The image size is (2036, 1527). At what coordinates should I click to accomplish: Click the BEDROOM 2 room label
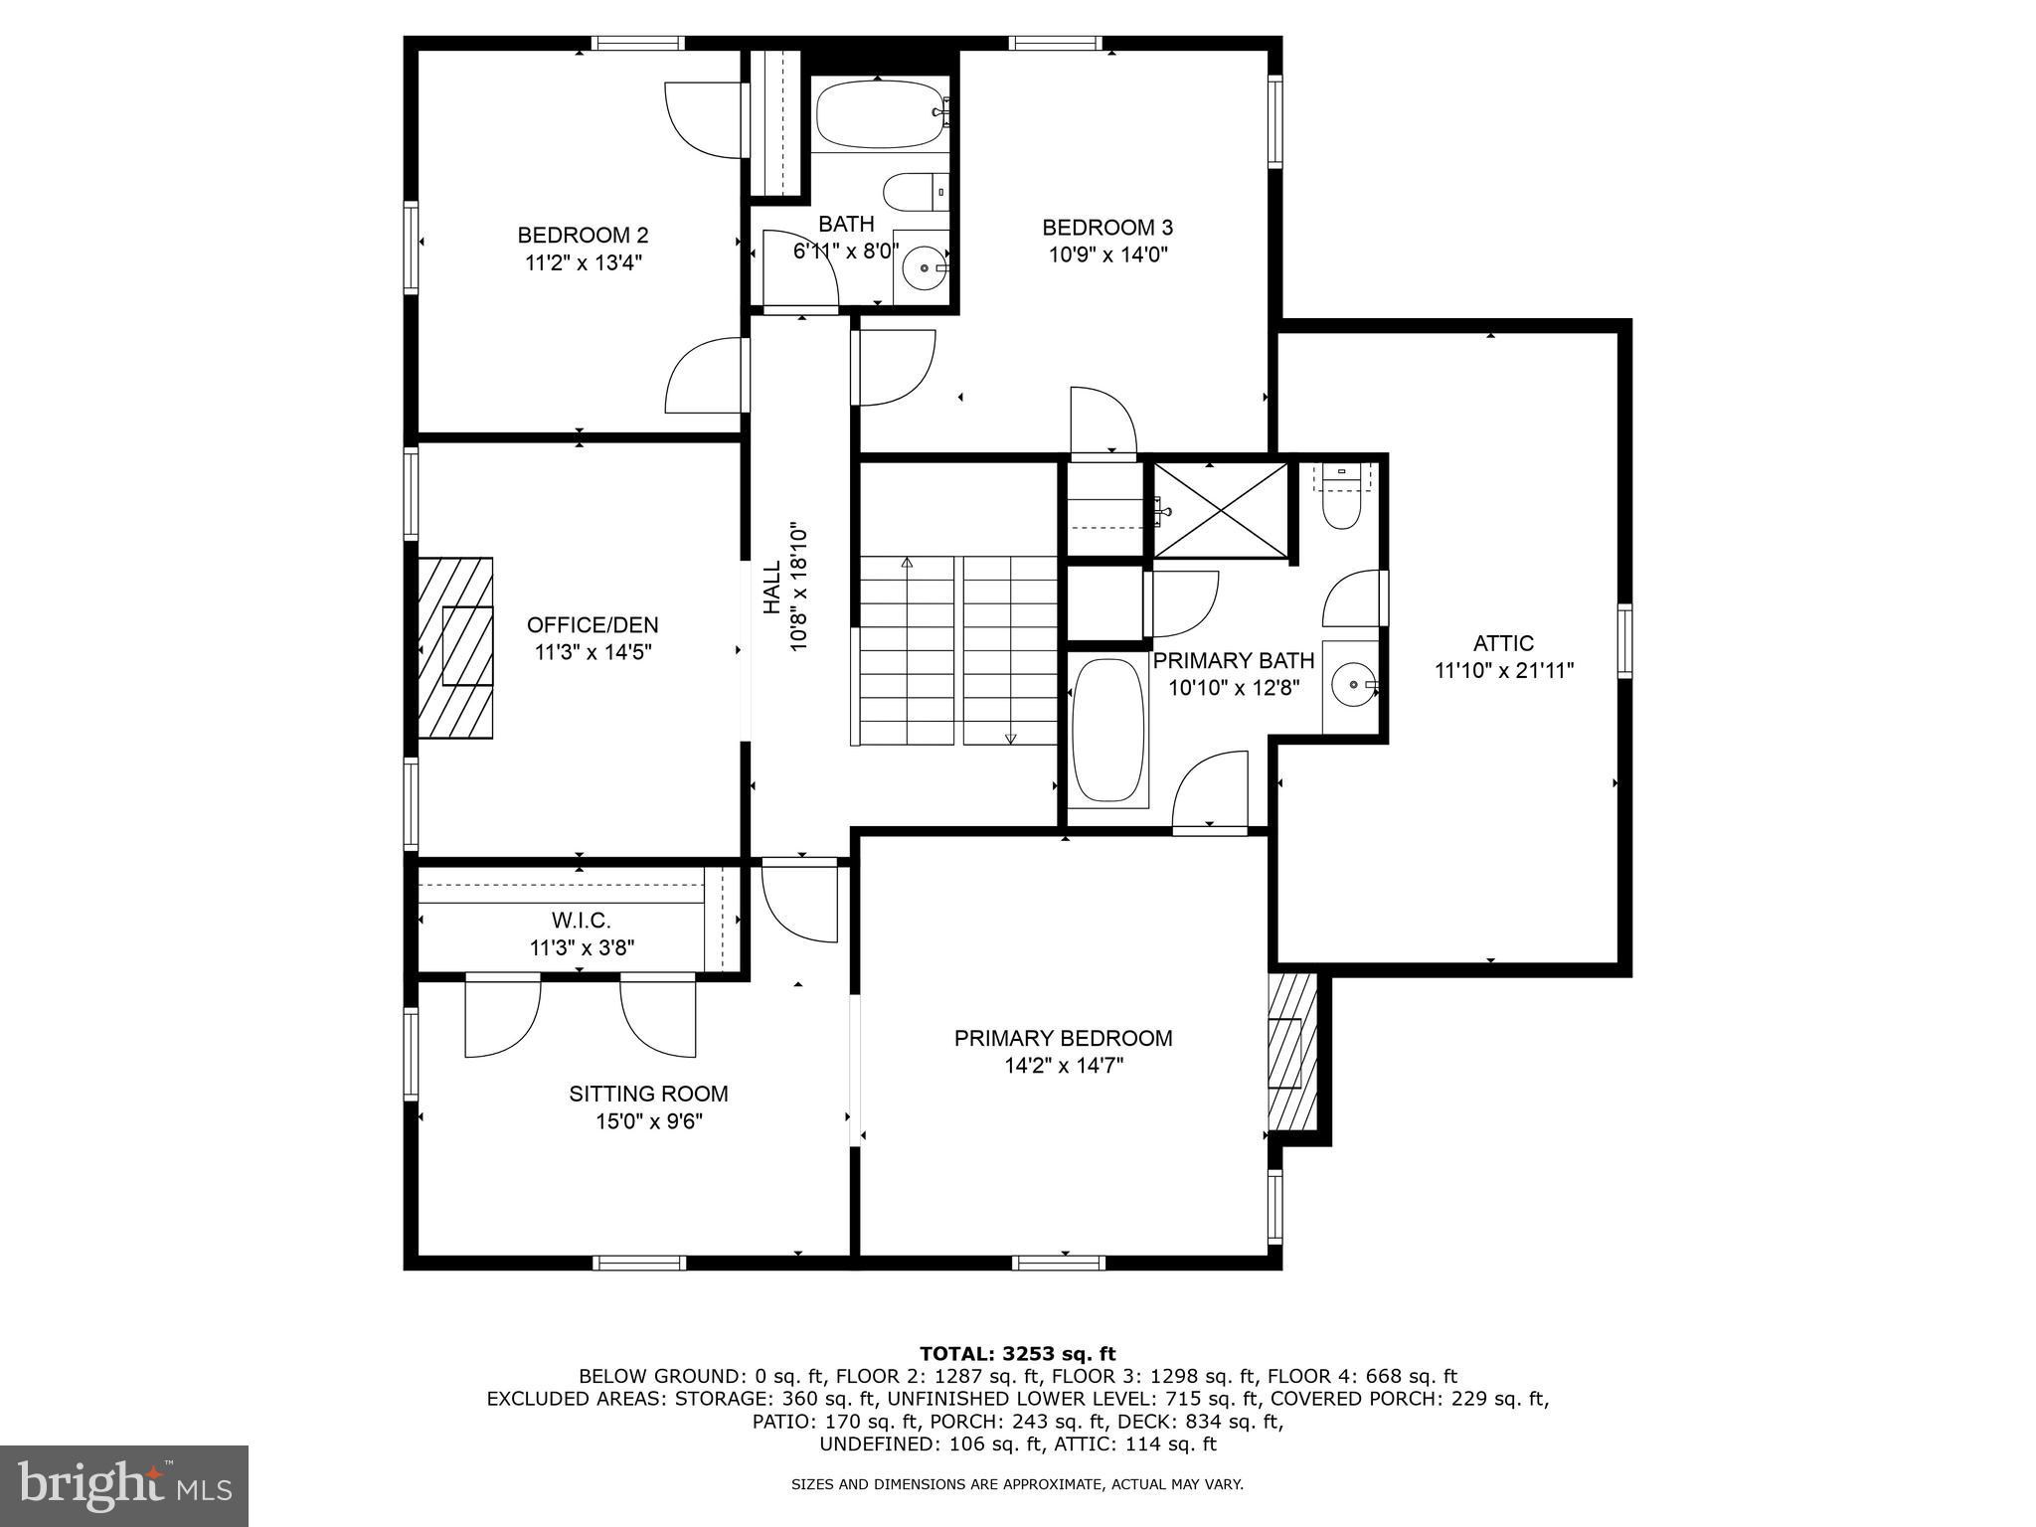coord(583,236)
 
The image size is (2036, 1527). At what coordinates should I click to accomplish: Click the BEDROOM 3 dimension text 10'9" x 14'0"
coord(1107,254)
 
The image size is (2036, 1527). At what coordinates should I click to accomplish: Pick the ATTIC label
coord(1503,643)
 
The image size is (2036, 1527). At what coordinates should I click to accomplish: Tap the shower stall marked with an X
coord(1219,511)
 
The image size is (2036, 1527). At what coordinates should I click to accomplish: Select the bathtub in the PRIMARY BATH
coord(1108,731)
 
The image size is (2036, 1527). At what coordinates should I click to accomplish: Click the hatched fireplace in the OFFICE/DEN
coord(455,647)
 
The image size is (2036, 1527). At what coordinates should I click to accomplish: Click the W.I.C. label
coord(582,921)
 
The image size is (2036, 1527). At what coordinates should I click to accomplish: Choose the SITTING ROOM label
coord(648,1094)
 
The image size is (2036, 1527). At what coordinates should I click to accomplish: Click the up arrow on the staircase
coord(907,563)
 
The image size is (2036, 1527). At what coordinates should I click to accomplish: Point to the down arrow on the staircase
coord(1011,738)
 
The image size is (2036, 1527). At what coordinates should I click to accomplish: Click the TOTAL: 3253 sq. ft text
coord(1017,1354)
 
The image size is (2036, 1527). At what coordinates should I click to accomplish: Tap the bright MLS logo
coord(124,1486)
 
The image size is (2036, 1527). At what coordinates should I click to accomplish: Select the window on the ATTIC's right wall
coord(1624,641)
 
